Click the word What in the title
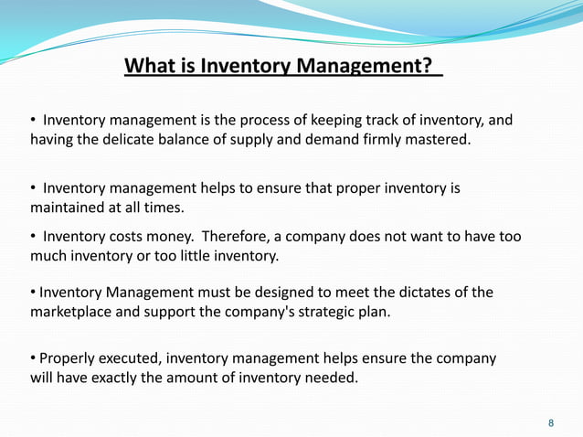click(x=147, y=67)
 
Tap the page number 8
click(x=550, y=423)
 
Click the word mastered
click(x=437, y=140)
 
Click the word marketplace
click(x=77, y=312)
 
